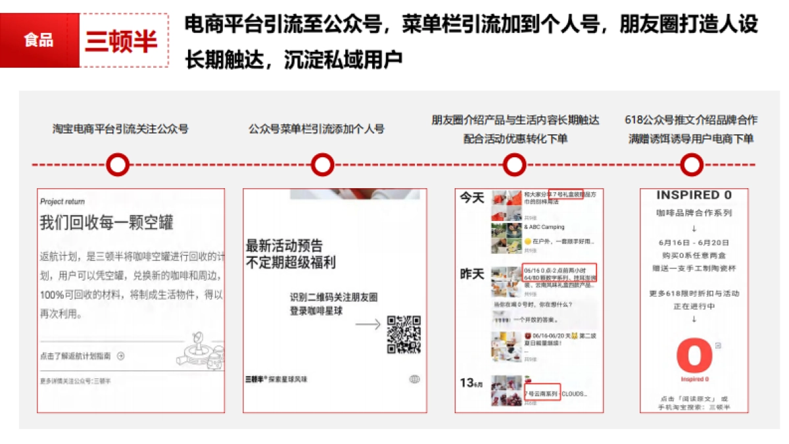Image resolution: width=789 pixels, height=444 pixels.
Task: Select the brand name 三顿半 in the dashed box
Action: click(122, 41)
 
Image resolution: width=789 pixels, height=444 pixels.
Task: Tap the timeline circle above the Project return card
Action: click(118, 165)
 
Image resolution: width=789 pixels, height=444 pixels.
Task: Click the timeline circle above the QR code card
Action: click(322, 165)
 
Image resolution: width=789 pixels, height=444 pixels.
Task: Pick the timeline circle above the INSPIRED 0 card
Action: click(691, 165)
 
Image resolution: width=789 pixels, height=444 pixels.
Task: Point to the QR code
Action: click(404, 334)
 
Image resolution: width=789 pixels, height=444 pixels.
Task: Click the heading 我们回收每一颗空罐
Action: click(107, 222)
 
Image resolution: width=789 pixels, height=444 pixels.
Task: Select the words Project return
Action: click(62, 201)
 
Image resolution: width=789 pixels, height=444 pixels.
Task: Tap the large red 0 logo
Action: click(694, 355)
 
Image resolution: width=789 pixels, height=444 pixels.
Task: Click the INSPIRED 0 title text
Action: click(694, 195)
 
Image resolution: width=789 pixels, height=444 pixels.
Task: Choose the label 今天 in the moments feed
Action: click(471, 198)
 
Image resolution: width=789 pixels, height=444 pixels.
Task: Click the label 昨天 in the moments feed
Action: click(471, 274)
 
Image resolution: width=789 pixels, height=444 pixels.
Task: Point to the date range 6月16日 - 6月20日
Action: click(694, 243)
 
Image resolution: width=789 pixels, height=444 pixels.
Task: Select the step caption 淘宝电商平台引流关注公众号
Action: click(120, 129)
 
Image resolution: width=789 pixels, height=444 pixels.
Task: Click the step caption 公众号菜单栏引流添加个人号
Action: click(316, 129)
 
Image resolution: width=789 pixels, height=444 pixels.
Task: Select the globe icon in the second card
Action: click(414, 379)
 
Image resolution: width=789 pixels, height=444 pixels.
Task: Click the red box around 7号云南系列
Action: click(542, 393)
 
